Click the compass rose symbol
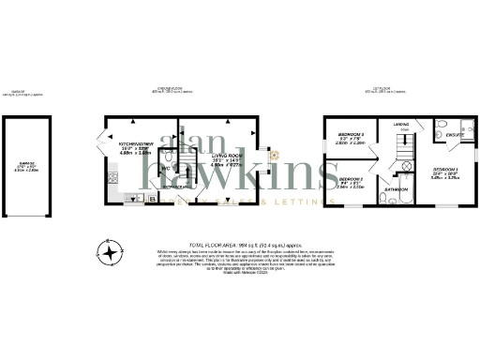[x=112, y=252]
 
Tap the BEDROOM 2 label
[x=351, y=178]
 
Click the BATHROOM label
[x=394, y=188]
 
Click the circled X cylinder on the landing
[x=407, y=166]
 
